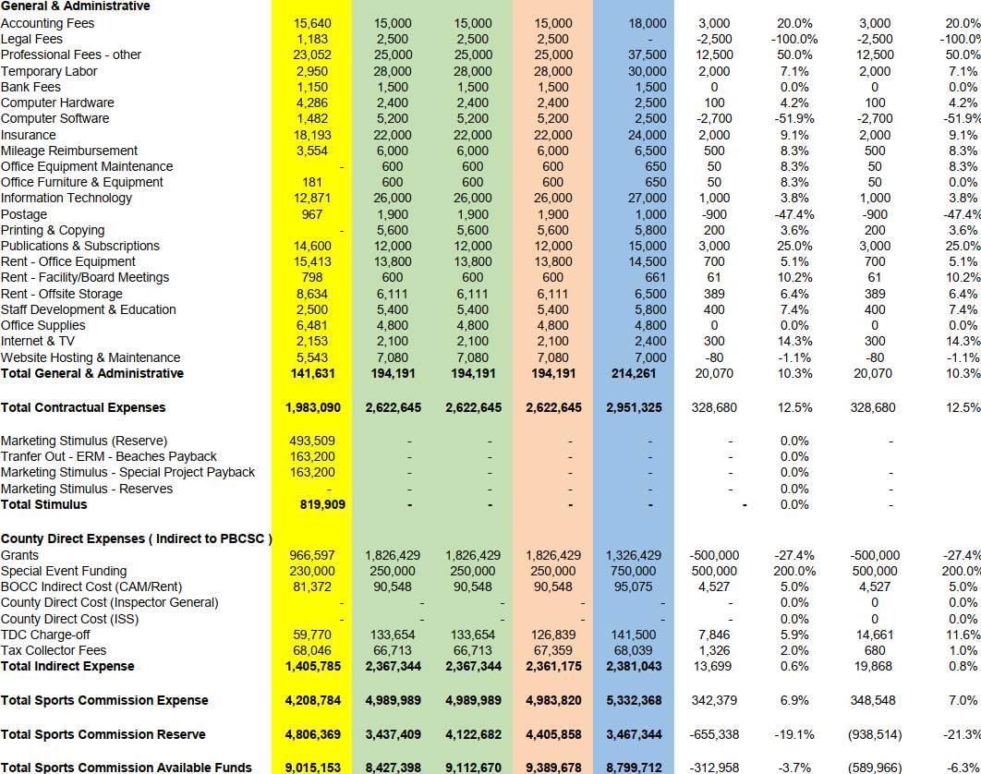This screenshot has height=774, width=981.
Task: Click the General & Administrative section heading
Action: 75,6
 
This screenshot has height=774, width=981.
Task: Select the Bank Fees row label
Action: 30,87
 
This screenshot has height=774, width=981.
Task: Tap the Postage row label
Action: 24,214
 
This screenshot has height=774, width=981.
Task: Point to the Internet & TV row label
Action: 38,342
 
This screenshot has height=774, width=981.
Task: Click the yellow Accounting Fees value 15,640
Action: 312,23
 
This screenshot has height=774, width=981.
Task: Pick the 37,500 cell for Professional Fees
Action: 646,54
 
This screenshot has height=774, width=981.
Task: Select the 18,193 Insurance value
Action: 312,135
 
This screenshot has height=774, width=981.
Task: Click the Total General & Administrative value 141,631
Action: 311,374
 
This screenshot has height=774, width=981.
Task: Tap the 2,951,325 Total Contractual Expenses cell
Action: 634,408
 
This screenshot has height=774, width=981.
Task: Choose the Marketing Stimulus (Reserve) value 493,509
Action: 312,441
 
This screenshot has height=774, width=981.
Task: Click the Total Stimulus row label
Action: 44,505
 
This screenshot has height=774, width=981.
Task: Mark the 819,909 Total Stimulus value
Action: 311,505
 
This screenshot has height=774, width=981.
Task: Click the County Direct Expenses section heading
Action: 136,539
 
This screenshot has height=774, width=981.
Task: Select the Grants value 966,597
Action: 311,556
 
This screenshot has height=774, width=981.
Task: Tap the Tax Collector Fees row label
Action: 54,651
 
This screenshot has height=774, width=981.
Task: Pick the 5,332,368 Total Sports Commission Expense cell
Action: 634,701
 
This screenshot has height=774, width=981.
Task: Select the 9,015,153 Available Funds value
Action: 311,768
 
